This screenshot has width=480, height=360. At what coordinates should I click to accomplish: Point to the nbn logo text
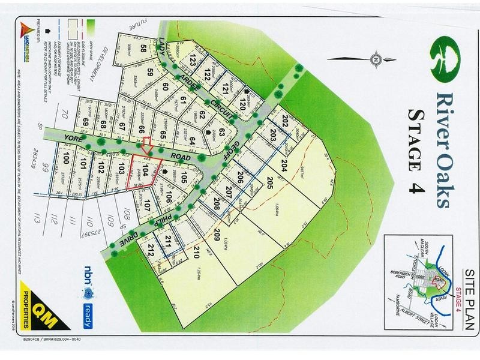(x=89, y=270)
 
